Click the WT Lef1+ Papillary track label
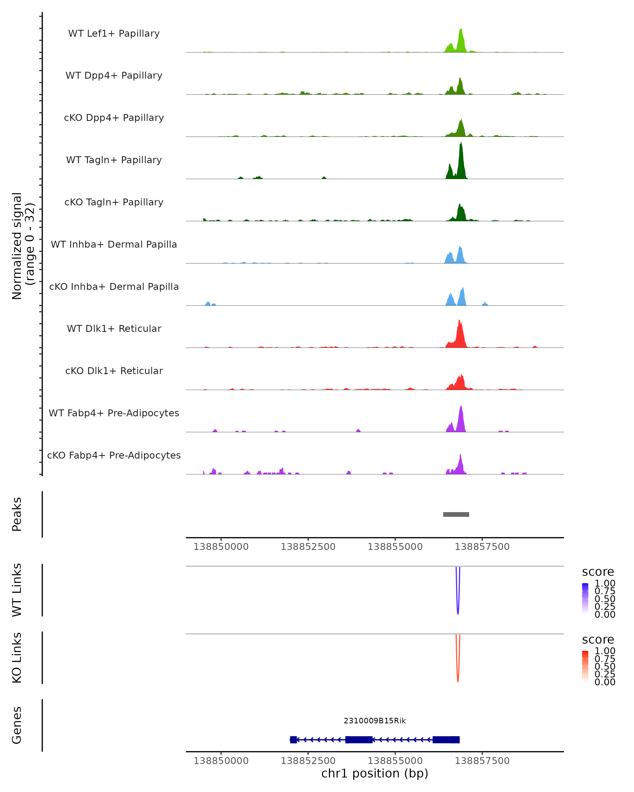114,34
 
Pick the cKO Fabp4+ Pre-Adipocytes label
114,455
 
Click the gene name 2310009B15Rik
375,721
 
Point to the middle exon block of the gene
359,739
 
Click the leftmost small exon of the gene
293,739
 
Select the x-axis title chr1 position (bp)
375,773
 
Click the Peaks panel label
17,514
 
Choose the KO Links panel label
17,658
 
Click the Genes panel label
17,725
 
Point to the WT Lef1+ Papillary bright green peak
461,40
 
